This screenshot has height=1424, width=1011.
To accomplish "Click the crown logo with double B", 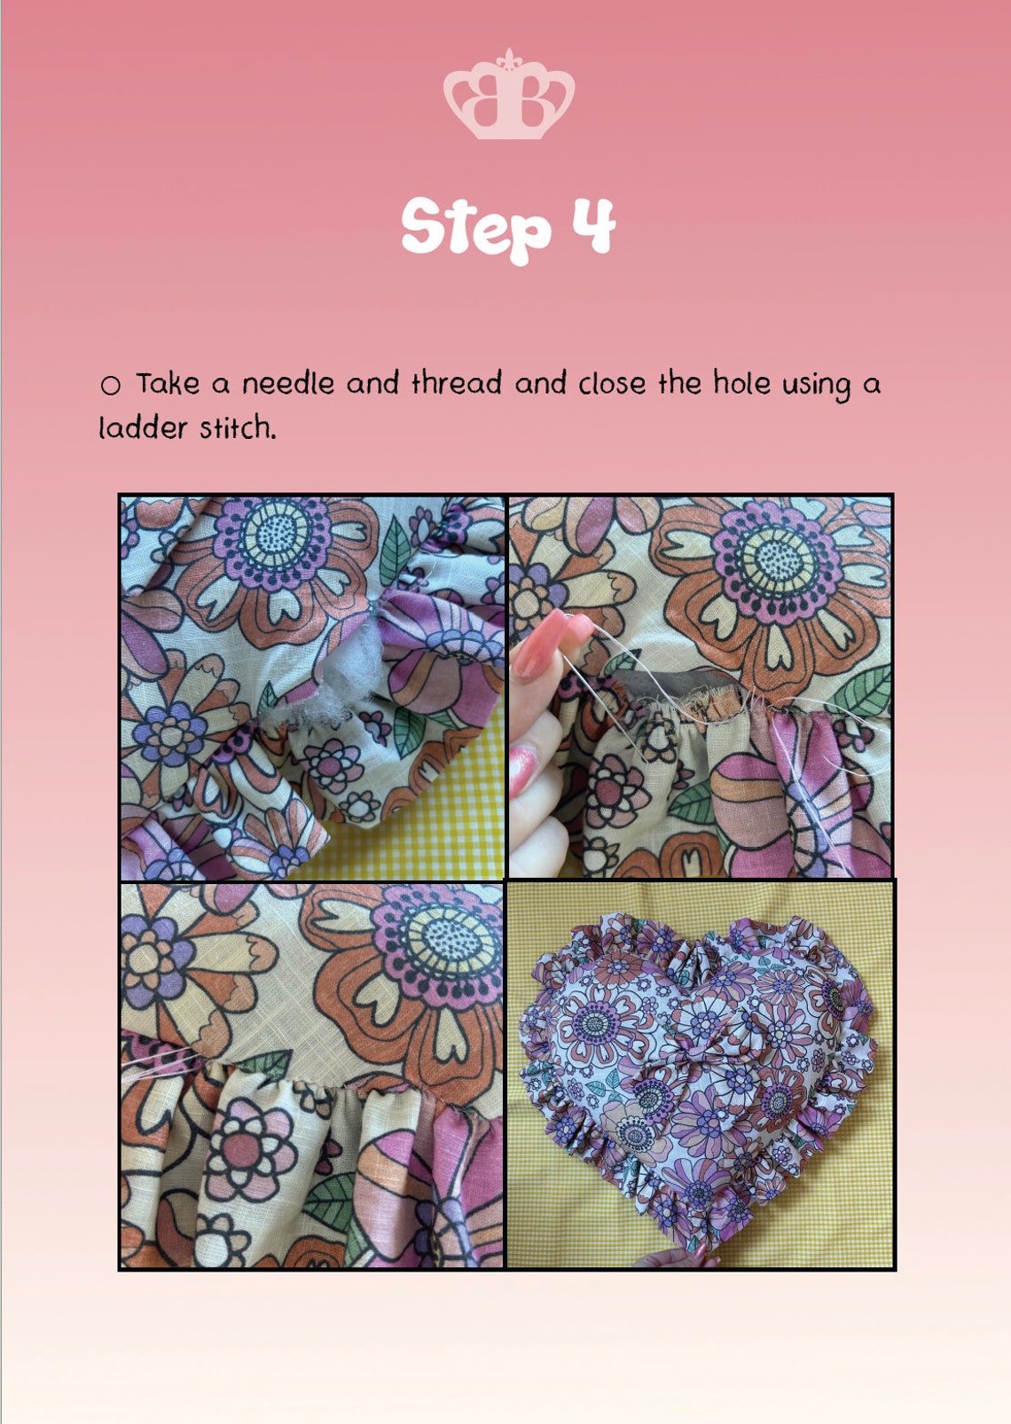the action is (x=509, y=95).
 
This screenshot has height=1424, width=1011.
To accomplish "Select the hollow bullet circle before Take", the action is (x=110, y=386).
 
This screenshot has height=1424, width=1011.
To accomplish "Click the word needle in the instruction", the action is (x=288, y=383).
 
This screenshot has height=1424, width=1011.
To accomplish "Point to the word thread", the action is (x=457, y=383).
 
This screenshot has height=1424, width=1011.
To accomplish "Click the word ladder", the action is (x=143, y=428).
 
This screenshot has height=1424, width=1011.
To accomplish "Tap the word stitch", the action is (x=239, y=428).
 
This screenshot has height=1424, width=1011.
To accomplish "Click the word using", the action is (x=816, y=386).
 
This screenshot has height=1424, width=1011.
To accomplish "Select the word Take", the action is (x=168, y=383).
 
